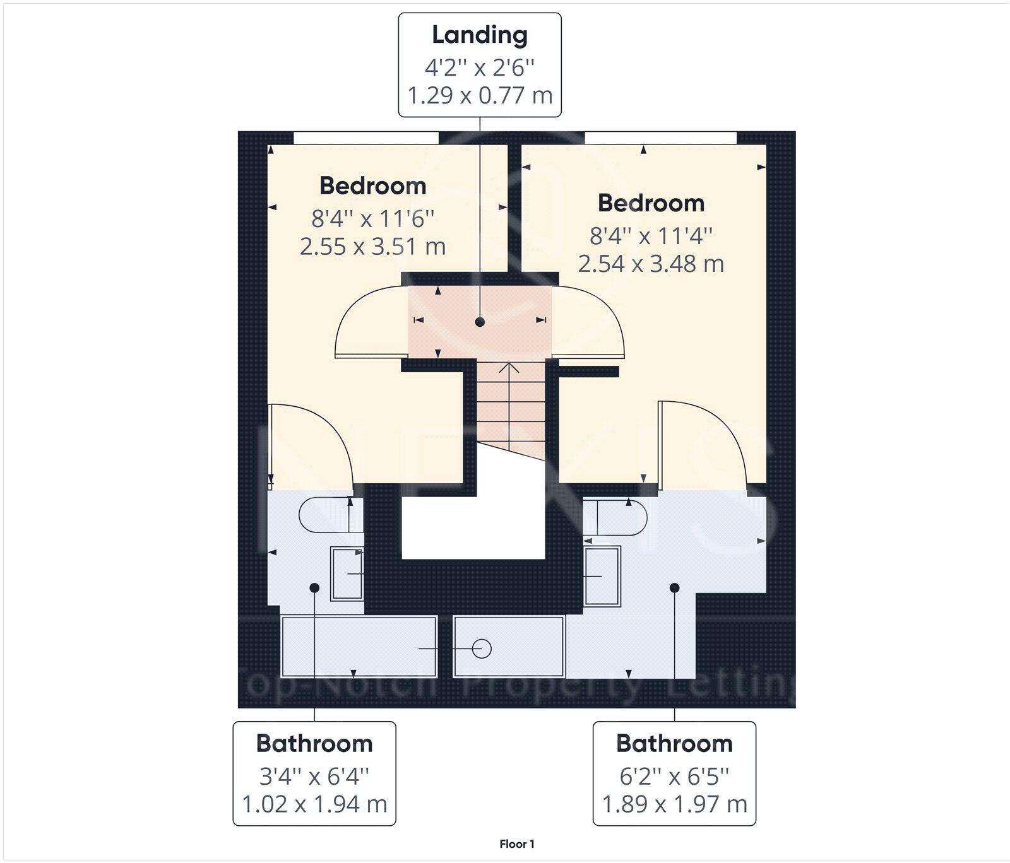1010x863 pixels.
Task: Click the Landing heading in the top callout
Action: pos(480,35)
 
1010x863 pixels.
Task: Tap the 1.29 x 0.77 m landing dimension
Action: pos(480,95)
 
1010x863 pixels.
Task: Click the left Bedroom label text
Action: pos(373,186)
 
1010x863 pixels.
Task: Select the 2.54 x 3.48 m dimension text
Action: pos(651,263)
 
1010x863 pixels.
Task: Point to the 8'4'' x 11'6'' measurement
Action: pos(373,218)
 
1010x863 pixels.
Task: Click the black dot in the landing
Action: pos(480,322)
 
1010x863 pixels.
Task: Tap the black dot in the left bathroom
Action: pos(314,587)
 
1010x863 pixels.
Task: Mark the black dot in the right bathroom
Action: pos(674,587)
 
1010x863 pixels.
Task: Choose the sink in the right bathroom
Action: pos(602,576)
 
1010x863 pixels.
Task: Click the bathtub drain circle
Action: pos(482,649)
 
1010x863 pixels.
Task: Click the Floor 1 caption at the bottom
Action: pos(517,844)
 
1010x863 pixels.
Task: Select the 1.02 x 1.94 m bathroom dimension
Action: pos(314,804)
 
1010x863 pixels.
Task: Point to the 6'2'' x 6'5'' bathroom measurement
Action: pos(674,775)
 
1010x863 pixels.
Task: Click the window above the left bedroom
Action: pos(366,138)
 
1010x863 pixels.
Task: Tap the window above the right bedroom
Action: pos(660,138)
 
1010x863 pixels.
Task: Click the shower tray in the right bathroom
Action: pos(509,647)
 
